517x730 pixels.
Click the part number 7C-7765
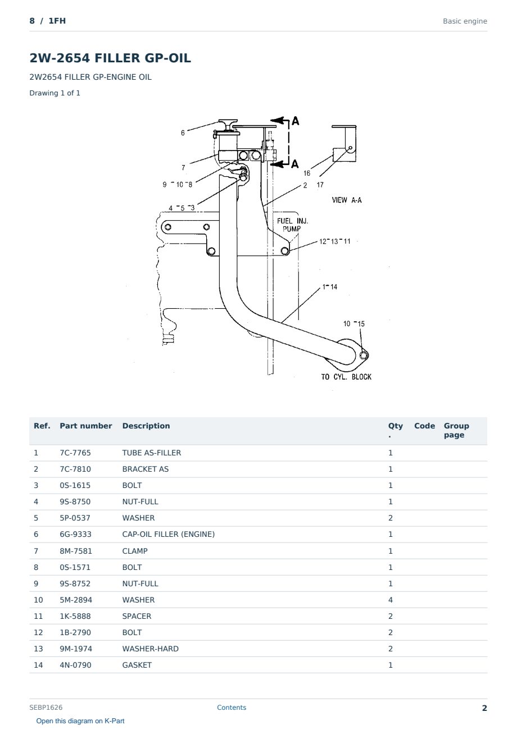tap(75, 453)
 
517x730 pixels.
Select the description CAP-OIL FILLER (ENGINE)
tap(169, 534)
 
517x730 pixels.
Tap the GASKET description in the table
tap(137, 665)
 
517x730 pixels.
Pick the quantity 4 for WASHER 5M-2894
tap(391, 600)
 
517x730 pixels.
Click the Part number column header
tap(86, 426)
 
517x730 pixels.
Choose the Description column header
tap(146, 426)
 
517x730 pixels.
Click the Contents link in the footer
tap(232, 707)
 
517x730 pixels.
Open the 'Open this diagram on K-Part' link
tap(80, 721)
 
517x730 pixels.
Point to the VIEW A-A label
tap(347, 200)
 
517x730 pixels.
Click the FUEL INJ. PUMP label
tap(292, 225)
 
